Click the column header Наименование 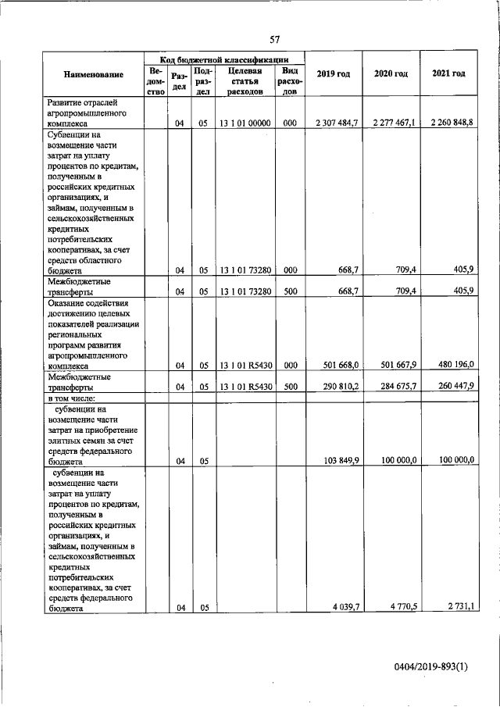tap(94, 74)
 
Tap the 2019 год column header tap(333, 73)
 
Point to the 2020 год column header tap(391, 73)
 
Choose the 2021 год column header tap(448, 73)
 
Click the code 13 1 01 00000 tap(245, 123)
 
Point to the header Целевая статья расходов tap(245, 80)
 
